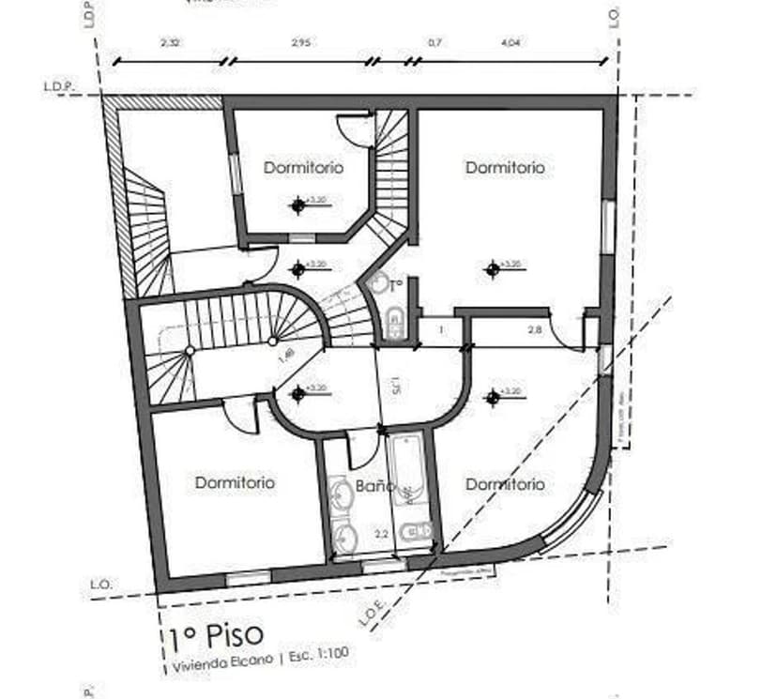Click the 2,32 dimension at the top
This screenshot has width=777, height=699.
pyautogui.click(x=170, y=42)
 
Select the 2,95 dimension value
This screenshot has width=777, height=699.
pyautogui.click(x=300, y=42)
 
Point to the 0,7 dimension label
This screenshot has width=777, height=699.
pyautogui.click(x=434, y=42)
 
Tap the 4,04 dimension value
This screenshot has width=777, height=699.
pyautogui.click(x=511, y=42)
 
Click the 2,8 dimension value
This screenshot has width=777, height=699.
pyautogui.click(x=534, y=330)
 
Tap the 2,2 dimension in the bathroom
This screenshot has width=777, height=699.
pyautogui.click(x=382, y=533)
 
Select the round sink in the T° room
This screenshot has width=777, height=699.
pyautogui.click(x=377, y=284)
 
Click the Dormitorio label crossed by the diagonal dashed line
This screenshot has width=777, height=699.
pyautogui.click(x=504, y=484)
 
